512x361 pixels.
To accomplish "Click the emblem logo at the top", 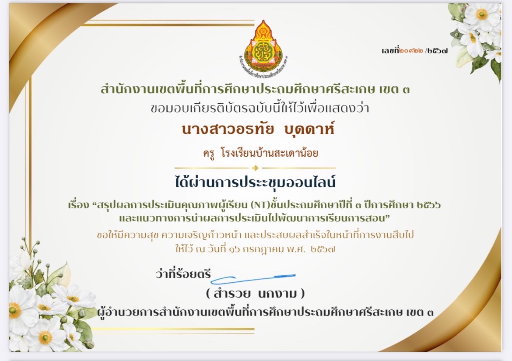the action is tap(263, 45).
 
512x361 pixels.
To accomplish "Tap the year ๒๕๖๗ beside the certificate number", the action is tap(438, 51).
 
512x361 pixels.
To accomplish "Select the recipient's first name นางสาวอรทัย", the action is tap(228, 129).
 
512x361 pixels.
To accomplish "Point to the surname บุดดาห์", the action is tap(309, 129).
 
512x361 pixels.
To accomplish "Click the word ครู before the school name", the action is tap(209, 153).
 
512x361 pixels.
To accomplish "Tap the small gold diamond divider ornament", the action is tap(256, 168).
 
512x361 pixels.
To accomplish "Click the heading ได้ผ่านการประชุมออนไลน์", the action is tap(255, 182).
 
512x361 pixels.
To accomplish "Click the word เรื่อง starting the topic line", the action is tap(78, 205).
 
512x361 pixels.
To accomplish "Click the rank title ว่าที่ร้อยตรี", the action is tap(183, 273).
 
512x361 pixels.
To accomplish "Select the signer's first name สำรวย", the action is tap(232, 294).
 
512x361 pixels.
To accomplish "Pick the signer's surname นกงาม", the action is tap(277, 294).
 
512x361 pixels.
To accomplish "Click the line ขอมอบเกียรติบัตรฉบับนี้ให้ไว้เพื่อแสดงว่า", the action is tap(260, 108).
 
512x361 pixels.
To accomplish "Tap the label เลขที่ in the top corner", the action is tap(390, 50).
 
